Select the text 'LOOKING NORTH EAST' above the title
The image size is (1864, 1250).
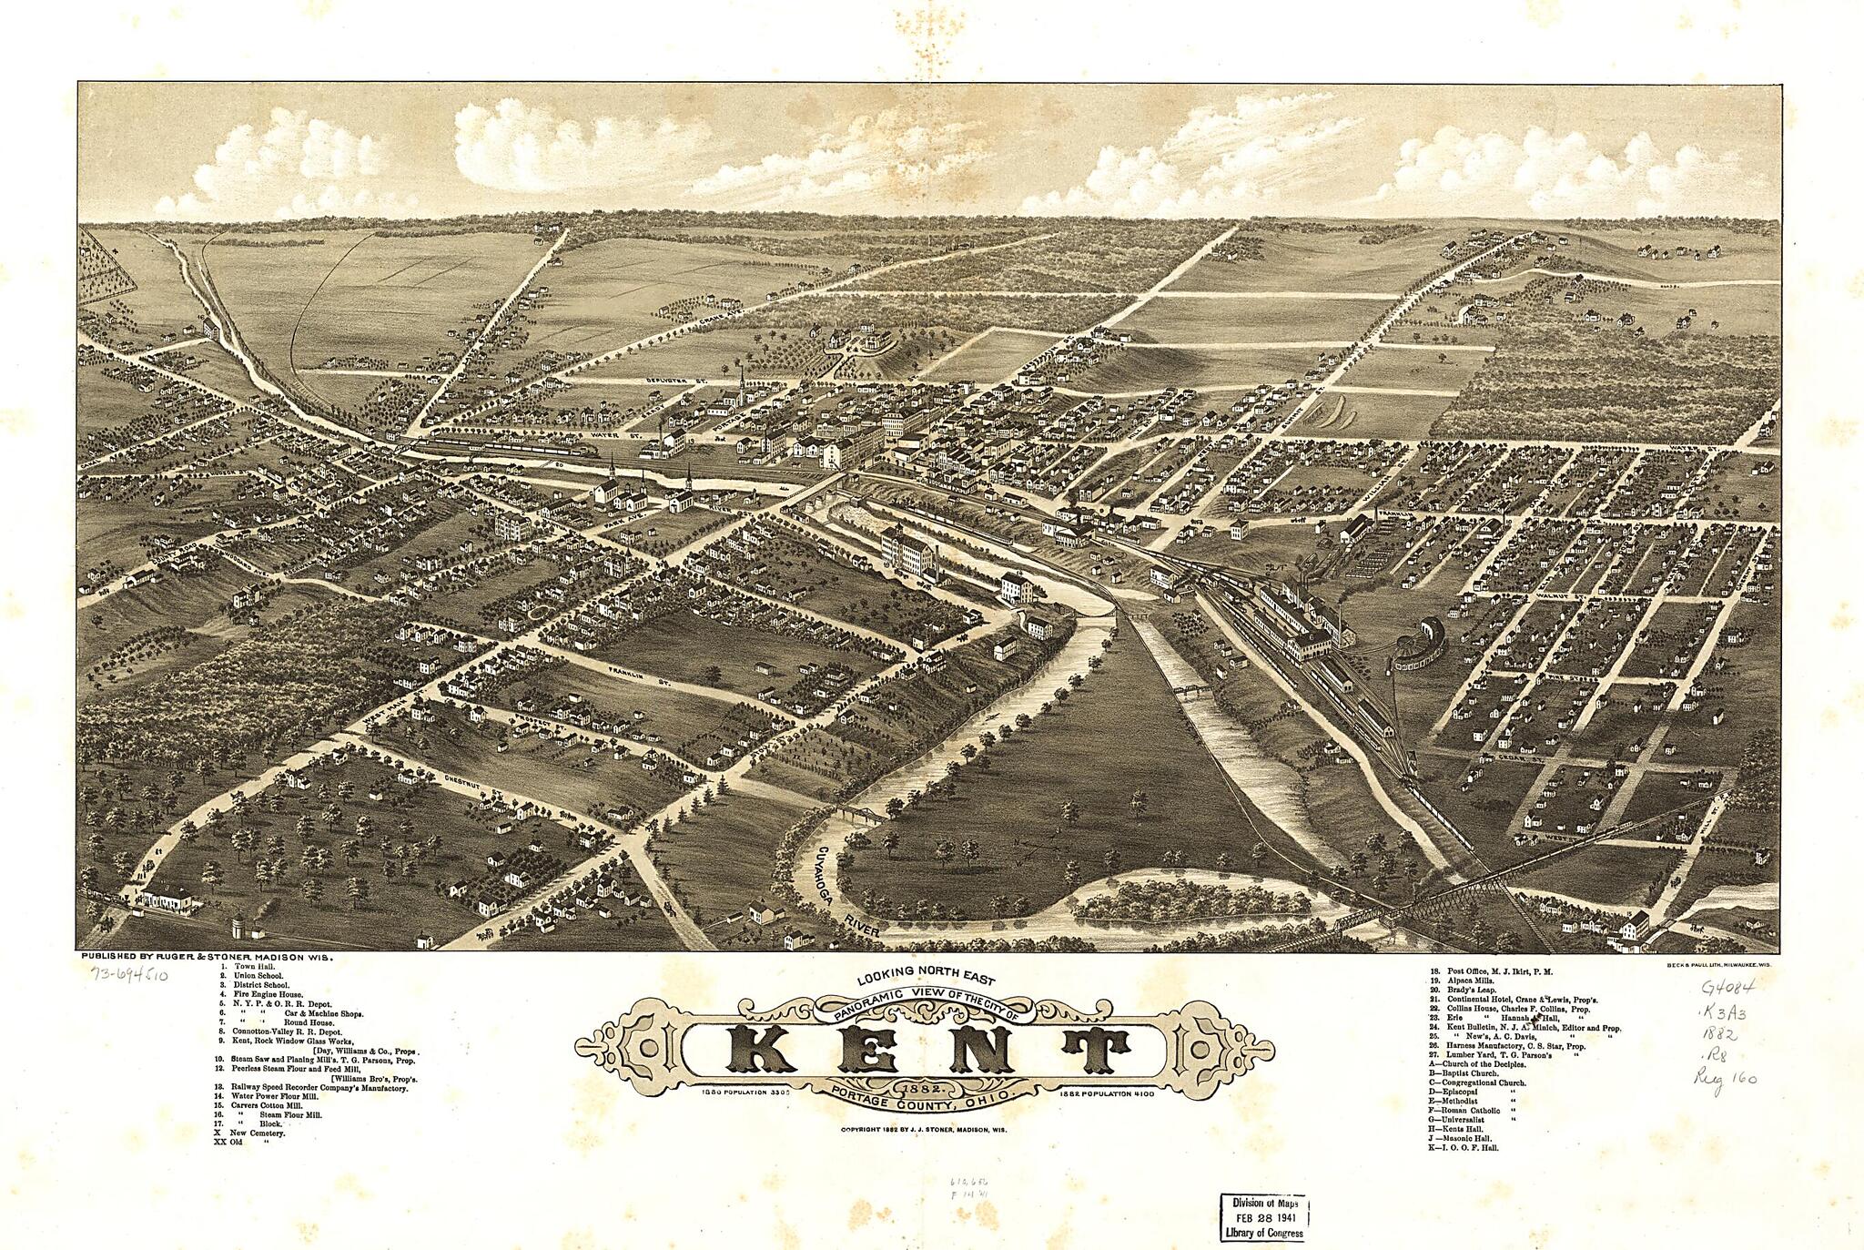click(927, 981)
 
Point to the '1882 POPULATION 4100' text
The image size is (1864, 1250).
click(1107, 1092)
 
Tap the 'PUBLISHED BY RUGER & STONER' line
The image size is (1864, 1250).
click(208, 958)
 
